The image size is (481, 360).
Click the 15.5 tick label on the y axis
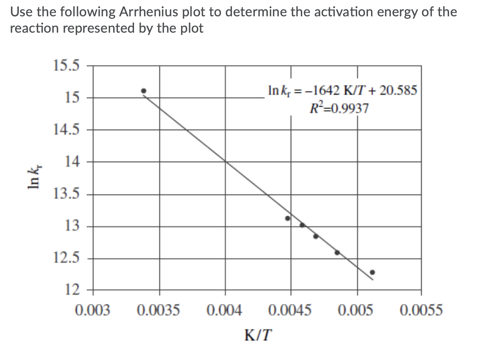coord(66,65)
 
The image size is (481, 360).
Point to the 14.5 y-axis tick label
coord(66,130)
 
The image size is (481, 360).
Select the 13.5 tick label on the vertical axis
coord(66,194)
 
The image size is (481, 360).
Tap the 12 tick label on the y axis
coord(72,290)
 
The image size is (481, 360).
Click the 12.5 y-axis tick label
coord(66,258)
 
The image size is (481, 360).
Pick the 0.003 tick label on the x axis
coord(93,310)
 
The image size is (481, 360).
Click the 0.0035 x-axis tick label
coord(159,310)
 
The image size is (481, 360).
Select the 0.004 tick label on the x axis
coord(225,310)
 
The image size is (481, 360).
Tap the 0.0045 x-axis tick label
coord(291,310)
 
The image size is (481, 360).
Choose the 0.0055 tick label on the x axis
coord(421,310)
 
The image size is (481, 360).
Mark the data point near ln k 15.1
coord(144,91)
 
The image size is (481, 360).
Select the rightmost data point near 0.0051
coord(372,272)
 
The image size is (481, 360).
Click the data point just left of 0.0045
coord(288,218)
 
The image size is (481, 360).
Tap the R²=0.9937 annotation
coord(339,108)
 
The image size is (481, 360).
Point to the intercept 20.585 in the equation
coord(398,91)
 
